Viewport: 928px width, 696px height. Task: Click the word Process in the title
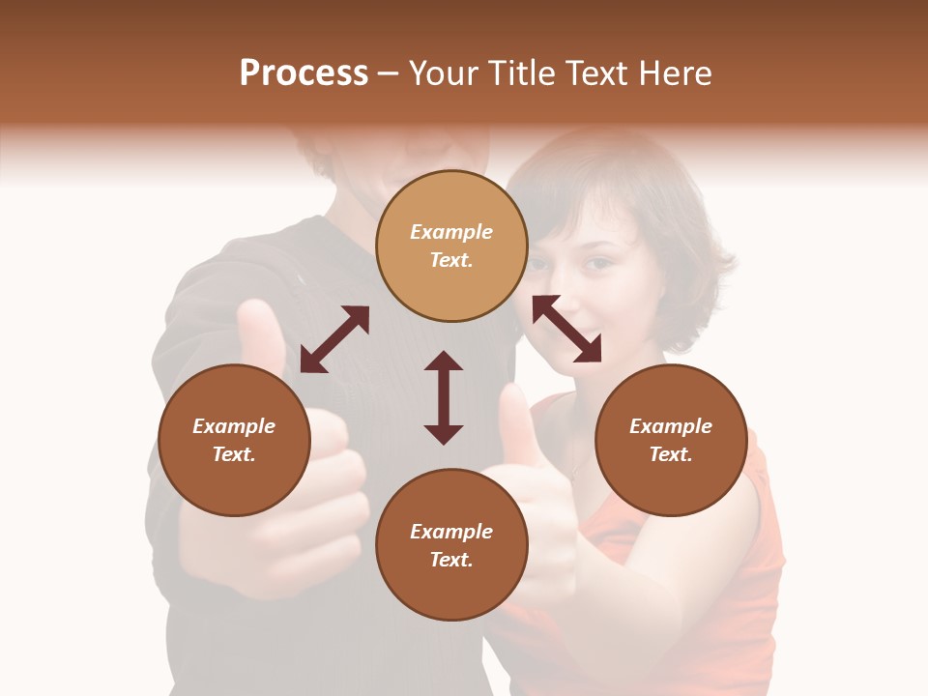point(304,73)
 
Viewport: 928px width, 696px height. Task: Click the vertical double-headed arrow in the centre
point(444,397)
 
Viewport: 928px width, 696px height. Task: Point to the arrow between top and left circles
point(334,339)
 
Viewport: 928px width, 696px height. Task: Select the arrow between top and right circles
point(566,329)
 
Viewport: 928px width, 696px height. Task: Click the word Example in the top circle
point(451,232)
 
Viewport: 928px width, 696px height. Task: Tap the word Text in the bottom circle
point(451,560)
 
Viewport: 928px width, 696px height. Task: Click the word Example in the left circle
point(234,426)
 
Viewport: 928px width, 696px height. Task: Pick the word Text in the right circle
point(671,454)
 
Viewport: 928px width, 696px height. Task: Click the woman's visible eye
point(598,262)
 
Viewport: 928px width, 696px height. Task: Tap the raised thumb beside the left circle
point(259,333)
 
